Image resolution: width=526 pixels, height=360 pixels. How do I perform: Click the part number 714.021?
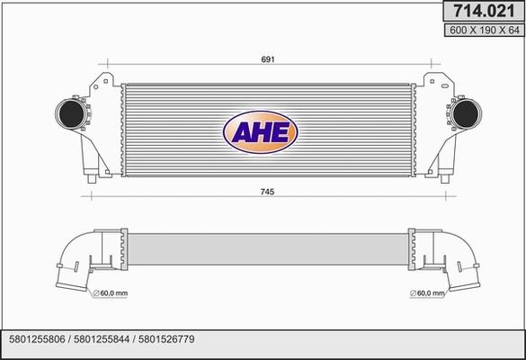click(x=484, y=11)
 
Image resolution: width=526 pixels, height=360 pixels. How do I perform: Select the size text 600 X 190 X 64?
click(x=484, y=31)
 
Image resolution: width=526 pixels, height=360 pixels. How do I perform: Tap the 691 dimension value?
click(x=268, y=59)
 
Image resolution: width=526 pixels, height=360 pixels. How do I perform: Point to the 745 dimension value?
click(x=267, y=192)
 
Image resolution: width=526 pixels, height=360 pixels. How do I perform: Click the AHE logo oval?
click(x=261, y=132)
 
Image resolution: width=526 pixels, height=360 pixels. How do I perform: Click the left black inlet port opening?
click(x=71, y=113)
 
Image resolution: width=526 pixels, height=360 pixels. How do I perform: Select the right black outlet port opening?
click(x=465, y=113)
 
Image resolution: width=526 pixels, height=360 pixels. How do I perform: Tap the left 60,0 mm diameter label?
click(x=110, y=293)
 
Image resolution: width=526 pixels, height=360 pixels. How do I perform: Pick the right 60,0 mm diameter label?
click(x=427, y=293)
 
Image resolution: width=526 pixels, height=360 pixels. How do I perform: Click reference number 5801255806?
click(x=37, y=339)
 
